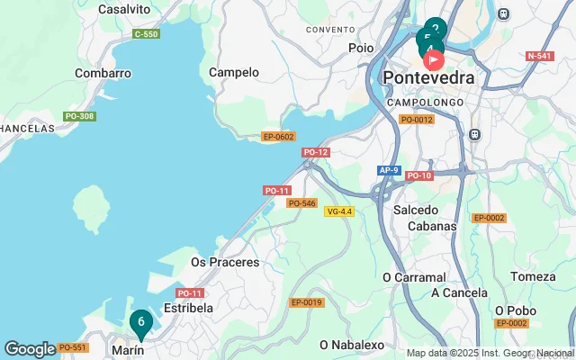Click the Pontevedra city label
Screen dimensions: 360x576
(428, 78)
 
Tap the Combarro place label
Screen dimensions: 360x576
(103, 73)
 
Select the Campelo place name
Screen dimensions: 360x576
(233, 72)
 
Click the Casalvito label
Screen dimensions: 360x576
(123, 8)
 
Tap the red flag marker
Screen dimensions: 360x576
(433, 61)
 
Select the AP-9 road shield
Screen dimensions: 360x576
(388, 170)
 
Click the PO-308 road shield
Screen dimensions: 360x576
(79, 116)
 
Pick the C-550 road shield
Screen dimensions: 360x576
(146, 34)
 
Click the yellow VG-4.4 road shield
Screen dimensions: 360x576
(339, 211)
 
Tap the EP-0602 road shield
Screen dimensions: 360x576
(278, 137)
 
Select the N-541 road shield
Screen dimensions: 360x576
(539, 56)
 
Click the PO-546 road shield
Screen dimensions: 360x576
(301, 203)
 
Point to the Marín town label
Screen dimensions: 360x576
(127, 348)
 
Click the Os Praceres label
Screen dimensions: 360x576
(225, 263)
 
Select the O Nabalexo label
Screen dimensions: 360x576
(352, 345)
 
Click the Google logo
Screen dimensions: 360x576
(30, 348)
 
